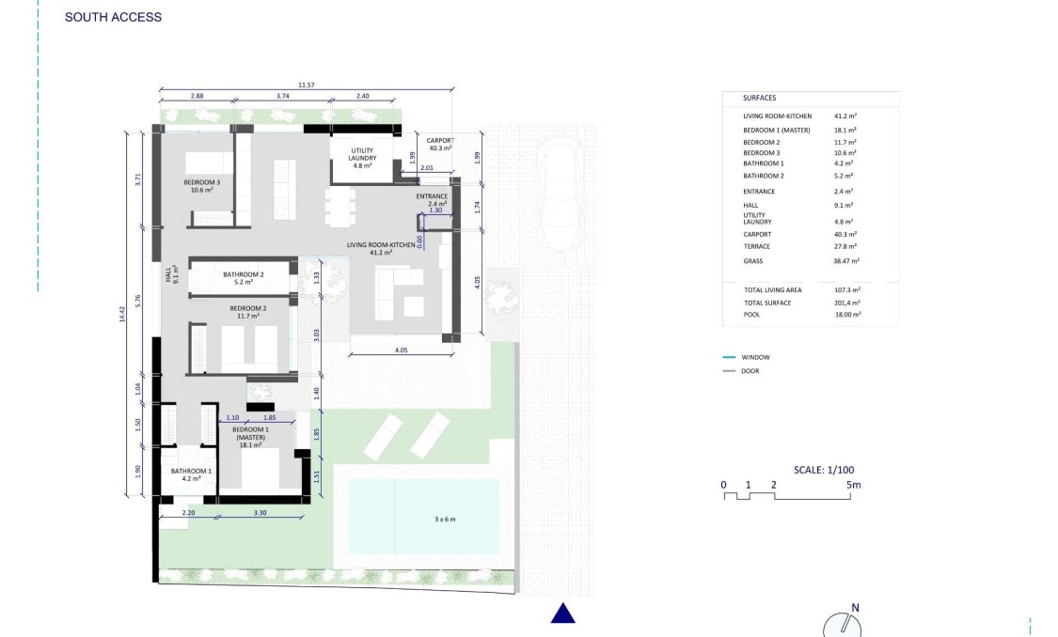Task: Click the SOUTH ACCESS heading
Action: [113, 17]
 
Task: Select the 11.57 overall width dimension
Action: [306, 85]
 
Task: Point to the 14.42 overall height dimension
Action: [121, 313]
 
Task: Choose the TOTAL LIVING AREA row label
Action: [773, 290]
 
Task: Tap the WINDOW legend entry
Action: [755, 357]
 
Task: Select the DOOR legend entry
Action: [750, 371]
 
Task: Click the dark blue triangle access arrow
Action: [562, 614]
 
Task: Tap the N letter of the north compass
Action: [855, 608]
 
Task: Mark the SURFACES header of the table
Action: [759, 98]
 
